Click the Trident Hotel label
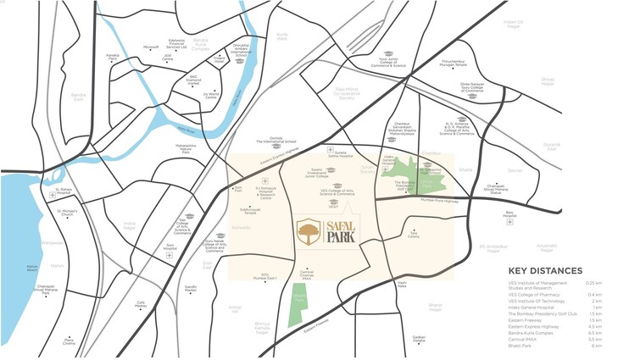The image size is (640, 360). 220,62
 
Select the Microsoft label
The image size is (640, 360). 152,47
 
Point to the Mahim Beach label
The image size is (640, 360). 33,269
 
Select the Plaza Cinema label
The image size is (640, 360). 69,341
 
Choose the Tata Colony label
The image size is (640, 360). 414,237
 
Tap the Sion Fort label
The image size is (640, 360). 238,189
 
